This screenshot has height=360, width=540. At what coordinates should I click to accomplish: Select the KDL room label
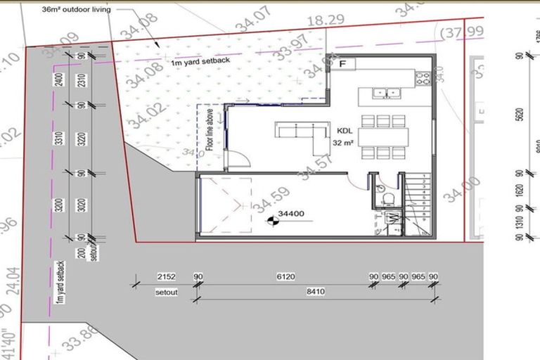pyautogui.click(x=345, y=131)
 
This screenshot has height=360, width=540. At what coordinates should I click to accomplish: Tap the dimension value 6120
pyautogui.click(x=285, y=277)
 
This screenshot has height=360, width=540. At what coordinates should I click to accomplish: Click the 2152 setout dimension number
pyautogui.click(x=165, y=277)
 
